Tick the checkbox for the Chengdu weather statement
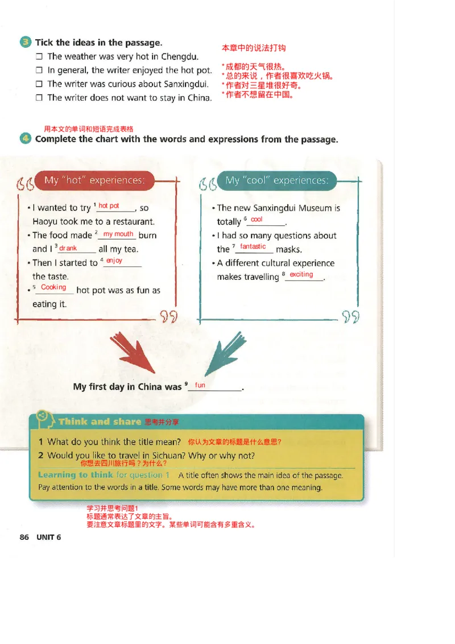click(39, 57)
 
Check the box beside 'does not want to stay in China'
click(39, 98)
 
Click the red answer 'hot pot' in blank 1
click(109, 206)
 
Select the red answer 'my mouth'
click(118, 234)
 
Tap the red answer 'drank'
click(68, 248)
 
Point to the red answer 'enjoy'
click(114, 261)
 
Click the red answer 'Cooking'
click(53, 287)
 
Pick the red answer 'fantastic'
click(253, 246)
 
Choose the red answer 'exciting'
click(301, 274)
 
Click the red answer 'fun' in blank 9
click(200, 385)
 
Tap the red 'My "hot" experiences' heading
click(94, 180)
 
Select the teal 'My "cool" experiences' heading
click(276, 180)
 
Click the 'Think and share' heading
click(100, 422)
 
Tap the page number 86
click(24, 537)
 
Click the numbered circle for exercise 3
click(26, 43)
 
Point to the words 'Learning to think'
click(75, 475)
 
